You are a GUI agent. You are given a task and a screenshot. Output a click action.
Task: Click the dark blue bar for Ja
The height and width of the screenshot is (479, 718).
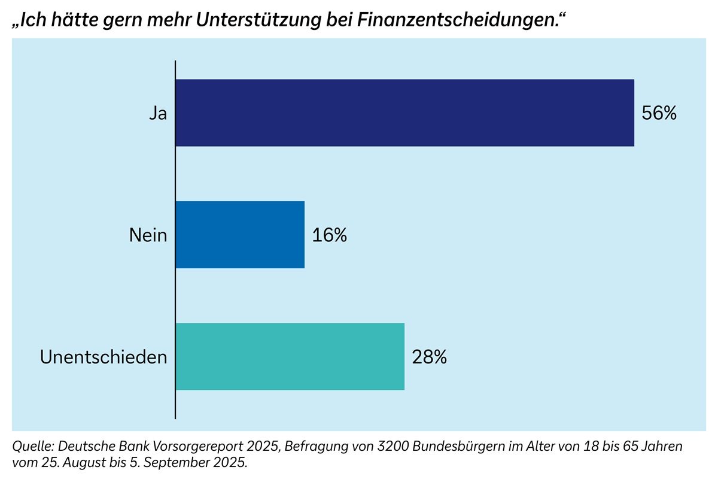(x=404, y=113)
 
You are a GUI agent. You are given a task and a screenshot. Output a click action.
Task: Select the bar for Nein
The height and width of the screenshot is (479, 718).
(x=240, y=235)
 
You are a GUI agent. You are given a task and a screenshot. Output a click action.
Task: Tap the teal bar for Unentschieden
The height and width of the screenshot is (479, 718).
(x=290, y=356)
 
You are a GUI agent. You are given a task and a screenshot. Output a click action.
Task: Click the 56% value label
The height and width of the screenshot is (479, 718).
(x=659, y=113)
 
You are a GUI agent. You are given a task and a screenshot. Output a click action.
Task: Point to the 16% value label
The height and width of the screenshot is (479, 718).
(x=330, y=235)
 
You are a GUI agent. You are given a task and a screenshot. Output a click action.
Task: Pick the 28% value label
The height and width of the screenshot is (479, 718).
(x=429, y=357)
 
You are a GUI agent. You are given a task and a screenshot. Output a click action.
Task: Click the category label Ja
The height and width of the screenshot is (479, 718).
(x=158, y=113)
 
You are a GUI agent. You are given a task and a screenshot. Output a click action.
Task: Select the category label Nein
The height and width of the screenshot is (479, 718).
(x=148, y=235)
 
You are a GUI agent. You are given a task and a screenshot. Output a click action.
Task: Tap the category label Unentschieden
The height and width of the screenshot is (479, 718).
(x=104, y=357)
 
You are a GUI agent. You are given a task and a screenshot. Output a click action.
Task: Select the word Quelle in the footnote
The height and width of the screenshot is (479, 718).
(x=31, y=447)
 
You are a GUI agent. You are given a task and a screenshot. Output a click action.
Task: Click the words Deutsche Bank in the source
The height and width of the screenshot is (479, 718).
(x=90, y=447)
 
